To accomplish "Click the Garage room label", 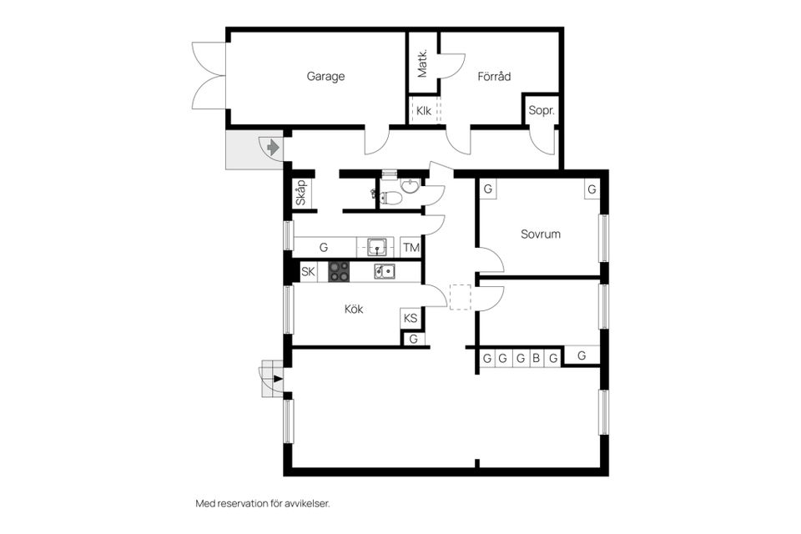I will click(x=325, y=77).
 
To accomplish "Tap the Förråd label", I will click(x=494, y=77).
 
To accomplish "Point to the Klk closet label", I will click(x=423, y=111).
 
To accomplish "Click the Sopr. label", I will click(x=542, y=111).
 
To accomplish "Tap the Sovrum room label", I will click(x=540, y=234).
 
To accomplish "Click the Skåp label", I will click(x=300, y=194).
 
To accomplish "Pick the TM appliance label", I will click(x=411, y=248).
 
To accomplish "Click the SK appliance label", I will click(x=308, y=271).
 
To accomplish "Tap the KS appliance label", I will click(x=411, y=318).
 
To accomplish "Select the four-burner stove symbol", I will click(x=339, y=271).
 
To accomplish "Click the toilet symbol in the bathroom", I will click(x=389, y=197).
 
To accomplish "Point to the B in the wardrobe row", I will click(x=537, y=359).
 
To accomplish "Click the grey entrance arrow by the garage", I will click(x=272, y=149).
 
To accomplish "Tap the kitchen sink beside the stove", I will click(x=385, y=271).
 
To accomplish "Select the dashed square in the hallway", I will click(x=461, y=298).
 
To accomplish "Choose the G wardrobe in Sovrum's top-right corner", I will click(x=591, y=189).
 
